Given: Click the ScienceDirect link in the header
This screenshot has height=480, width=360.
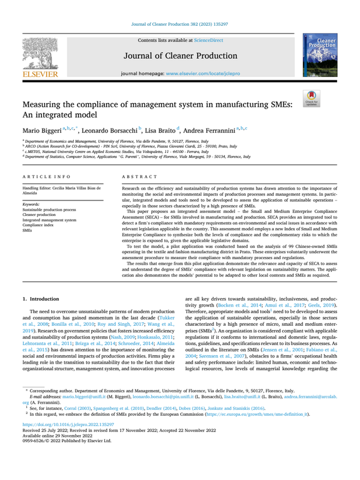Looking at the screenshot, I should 205,40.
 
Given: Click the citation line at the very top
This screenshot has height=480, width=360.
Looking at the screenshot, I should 179,25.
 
